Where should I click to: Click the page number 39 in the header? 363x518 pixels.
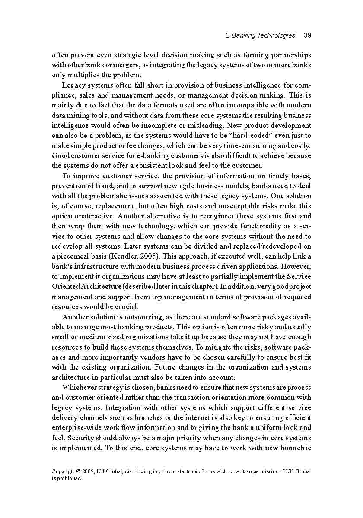click(x=307, y=35)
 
